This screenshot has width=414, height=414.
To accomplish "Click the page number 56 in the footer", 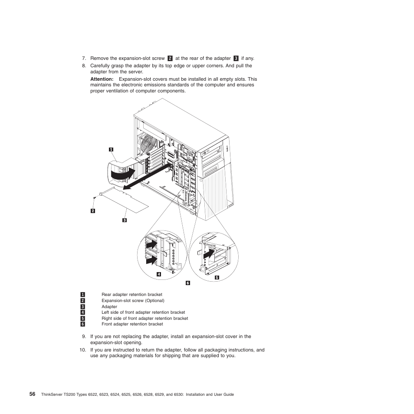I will point(33,394).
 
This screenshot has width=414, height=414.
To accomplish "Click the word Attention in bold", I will point(102,79).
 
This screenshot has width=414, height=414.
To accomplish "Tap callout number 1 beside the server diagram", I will point(111,149).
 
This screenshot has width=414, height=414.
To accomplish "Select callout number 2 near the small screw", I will point(92,211).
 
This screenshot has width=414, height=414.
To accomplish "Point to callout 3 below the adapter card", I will point(124,220).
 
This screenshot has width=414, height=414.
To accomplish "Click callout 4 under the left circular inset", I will point(159,274).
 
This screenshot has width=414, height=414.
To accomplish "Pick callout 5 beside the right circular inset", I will point(217,277).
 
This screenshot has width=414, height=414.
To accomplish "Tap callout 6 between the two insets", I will point(188,283).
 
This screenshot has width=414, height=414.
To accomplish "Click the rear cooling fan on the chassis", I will point(148,143).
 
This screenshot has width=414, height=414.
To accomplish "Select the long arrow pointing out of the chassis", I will point(145,179).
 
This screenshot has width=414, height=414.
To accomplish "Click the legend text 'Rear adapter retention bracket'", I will point(131,295).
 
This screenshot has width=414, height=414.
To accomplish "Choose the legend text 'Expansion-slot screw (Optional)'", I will point(133,300).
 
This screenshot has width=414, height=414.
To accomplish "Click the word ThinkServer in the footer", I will point(51,394).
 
